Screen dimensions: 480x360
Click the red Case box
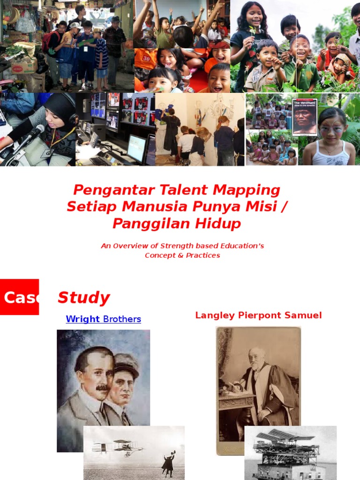click(x=19, y=297)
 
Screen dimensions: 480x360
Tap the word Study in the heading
click(x=83, y=298)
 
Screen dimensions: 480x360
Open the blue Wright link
click(x=83, y=319)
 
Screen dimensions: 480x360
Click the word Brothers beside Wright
click(x=122, y=319)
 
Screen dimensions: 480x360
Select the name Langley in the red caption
click(x=212, y=315)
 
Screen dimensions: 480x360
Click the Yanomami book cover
click(x=304, y=117)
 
